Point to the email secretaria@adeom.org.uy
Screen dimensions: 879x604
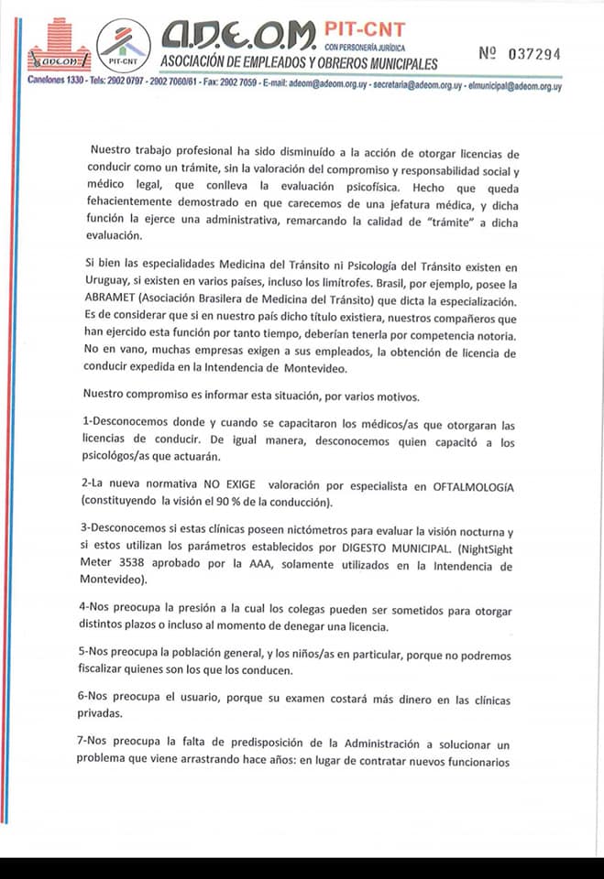[412, 85]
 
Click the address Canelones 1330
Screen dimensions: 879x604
[56, 85]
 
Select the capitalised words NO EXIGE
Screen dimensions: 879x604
[218, 486]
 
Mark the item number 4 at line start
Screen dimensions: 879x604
[83, 610]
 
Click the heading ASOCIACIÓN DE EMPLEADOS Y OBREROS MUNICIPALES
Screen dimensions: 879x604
[299, 63]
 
